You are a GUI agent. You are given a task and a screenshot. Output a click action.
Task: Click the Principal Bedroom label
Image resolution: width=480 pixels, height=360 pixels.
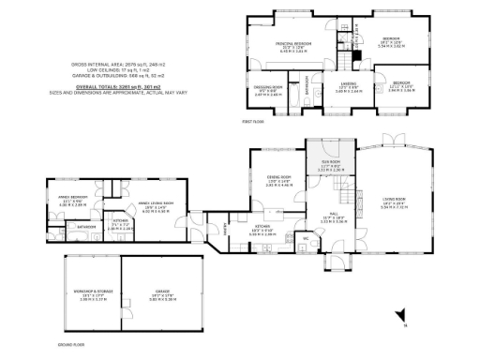pyautogui.click(x=292, y=44)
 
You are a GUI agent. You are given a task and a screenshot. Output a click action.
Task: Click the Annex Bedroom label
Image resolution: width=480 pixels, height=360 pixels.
pyautogui.click(x=73, y=199)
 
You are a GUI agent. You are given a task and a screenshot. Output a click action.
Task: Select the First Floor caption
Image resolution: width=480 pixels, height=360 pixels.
pyautogui.click(x=253, y=121)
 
